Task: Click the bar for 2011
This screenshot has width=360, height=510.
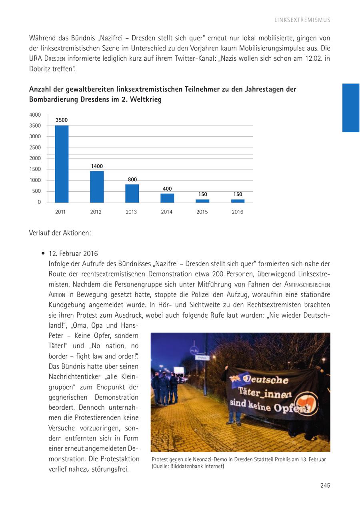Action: click(x=62, y=164)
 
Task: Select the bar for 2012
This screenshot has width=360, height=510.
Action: click(x=97, y=187)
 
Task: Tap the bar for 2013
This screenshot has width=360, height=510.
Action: click(x=132, y=193)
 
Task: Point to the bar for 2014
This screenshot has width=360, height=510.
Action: click(x=167, y=198)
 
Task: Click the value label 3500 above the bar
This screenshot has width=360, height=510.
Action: click(x=62, y=120)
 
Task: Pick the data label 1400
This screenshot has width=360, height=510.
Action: click(x=97, y=166)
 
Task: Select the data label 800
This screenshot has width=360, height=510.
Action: click(x=132, y=179)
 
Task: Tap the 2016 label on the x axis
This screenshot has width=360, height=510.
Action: click(x=237, y=212)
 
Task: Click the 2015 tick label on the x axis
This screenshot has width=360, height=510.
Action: click(x=202, y=212)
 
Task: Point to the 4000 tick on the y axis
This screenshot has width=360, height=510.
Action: click(x=35, y=115)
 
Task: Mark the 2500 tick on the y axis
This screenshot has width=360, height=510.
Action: click(x=35, y=147)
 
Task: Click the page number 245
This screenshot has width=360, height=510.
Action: click(x=325, y=486)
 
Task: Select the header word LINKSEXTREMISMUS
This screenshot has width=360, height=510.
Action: click(x=302, y=20)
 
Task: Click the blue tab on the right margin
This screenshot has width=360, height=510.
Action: click(x=351, y=108)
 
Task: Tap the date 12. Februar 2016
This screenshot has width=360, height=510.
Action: click(x=73, y=254)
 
